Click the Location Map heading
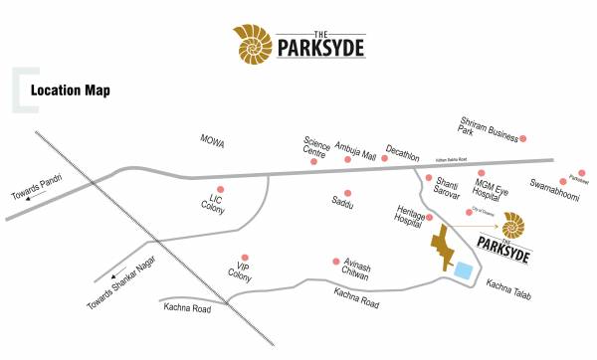[x=70, y=90]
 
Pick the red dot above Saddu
[x=347, y=193]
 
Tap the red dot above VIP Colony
[x=245, y=258]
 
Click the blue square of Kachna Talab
[x=463, y=269]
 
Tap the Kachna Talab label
[x=507, y=286]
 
